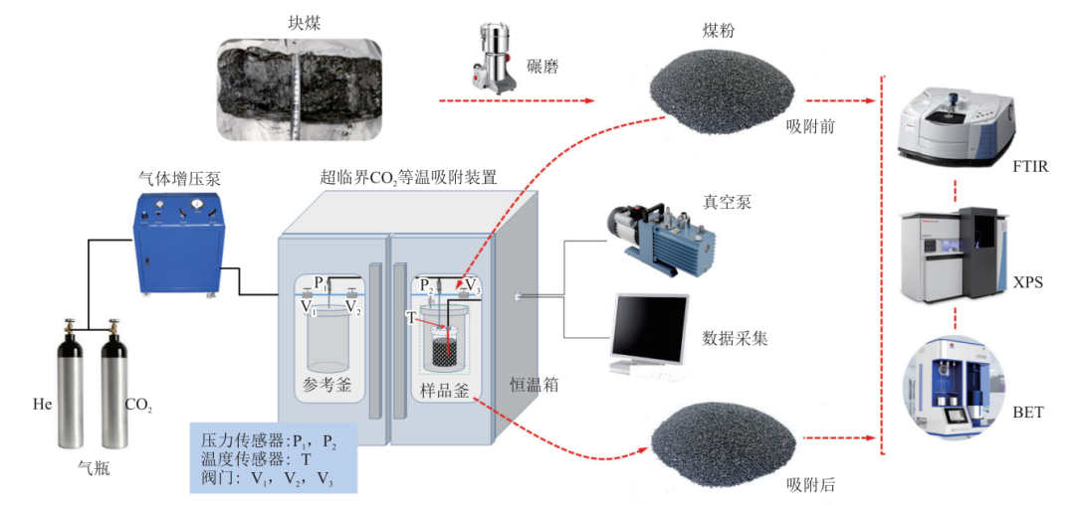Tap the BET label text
coord(1026,411)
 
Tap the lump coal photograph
coord(300,87)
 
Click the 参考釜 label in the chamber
coord(326,386)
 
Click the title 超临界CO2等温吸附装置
coord(408,178)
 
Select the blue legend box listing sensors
coord(273,457)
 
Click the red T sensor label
coord(411,317)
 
